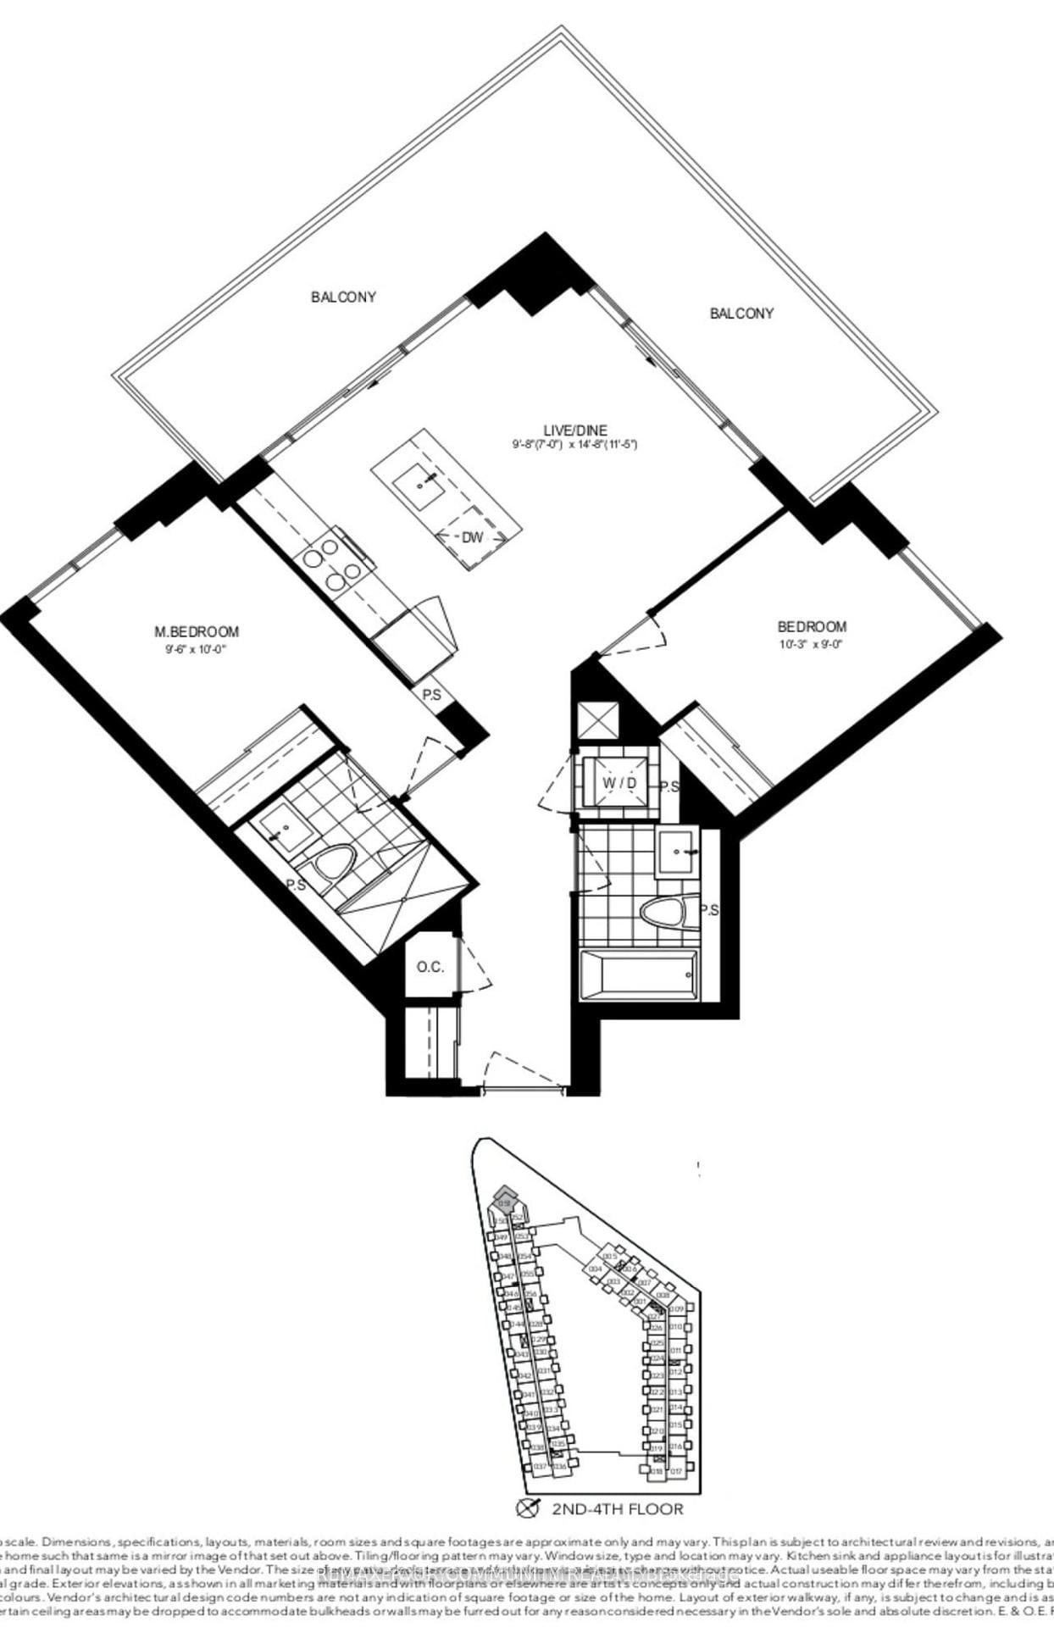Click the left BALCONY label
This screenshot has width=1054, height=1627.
click(343, 297)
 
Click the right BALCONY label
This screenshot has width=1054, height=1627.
click(741, 314)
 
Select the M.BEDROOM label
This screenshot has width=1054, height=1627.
click(196, 631)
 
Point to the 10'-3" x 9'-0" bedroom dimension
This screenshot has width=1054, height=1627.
click(812, 643)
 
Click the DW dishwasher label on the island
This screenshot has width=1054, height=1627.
click(472, 537)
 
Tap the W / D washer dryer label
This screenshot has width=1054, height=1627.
click(619, 783)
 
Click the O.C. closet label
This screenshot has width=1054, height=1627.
click(430, 967)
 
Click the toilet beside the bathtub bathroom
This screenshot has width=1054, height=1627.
click(667, 913)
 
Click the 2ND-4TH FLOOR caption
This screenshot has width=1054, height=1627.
click(617, 1508)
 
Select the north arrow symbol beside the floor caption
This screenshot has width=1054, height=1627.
click(528, 1508)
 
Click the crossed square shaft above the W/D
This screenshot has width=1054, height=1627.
click(596, 722)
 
